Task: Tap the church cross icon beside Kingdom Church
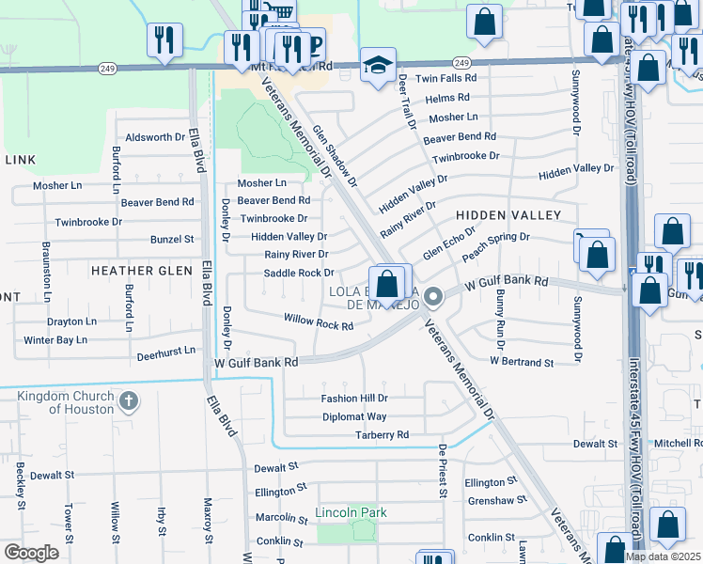pos(129,402)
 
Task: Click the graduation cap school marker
pos(378,65)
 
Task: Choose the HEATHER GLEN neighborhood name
pos(141,270)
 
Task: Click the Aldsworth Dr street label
pos(155,137)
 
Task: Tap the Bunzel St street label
pos(171,240)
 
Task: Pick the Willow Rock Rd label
pos(319,321)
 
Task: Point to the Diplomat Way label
pos(354,416)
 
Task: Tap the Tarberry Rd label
pos(382,435)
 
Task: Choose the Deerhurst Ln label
pos(165,350)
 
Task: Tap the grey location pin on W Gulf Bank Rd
pos(433,298)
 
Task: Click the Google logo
pos(31,553)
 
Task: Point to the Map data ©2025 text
pos(663,556)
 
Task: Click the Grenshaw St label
pos(491,501)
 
